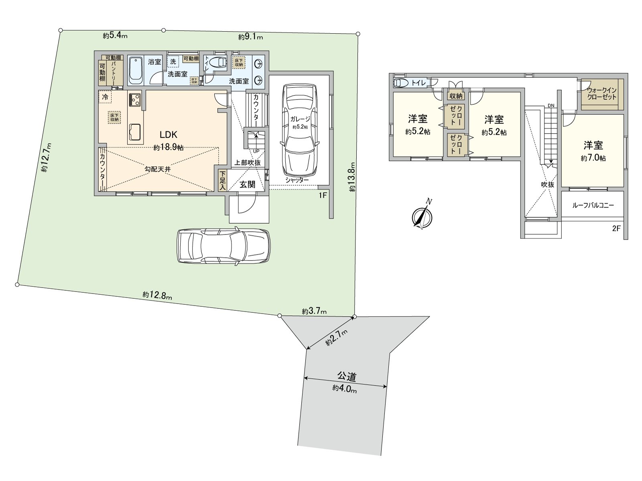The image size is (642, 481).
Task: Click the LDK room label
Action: point(169,135)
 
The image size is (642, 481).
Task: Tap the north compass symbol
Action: point(423,217)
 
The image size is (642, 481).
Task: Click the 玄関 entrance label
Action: point(247,185)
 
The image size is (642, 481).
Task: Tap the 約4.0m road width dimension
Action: point(345,389)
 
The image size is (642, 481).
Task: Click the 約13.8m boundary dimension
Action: point(352,177)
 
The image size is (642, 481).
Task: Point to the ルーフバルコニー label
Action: point(593,205)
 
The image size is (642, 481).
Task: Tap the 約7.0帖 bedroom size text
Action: point(593,158)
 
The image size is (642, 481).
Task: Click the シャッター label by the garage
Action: point(297,180)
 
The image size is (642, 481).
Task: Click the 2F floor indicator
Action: point(616,229)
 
